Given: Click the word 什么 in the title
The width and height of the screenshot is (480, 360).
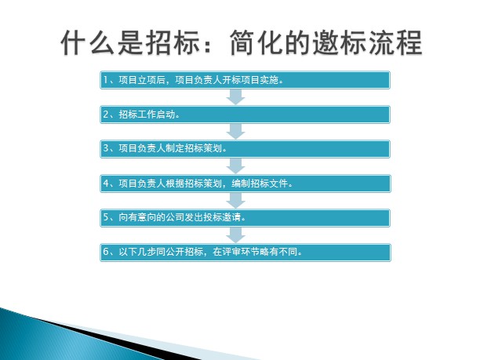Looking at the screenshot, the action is tap(88, 42).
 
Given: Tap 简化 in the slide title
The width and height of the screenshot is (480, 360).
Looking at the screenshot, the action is tap(256, 42).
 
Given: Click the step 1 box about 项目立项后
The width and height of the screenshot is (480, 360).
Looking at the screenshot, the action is tap(245, 80).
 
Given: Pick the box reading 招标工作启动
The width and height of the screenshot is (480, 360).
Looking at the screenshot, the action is tap(245, 115).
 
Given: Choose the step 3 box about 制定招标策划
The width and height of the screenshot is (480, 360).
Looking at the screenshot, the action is tap(245, 149).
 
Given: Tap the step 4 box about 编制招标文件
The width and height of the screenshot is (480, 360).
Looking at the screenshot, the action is tap(245, 184).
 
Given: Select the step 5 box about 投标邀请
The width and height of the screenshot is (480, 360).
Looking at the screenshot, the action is tap(245, 218).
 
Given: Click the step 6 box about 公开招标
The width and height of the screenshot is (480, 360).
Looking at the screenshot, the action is tap(245, 253).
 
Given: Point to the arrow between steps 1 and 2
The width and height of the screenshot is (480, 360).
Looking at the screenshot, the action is tap(235, 96).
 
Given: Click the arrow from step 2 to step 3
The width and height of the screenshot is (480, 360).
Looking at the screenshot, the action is tap(235, 131).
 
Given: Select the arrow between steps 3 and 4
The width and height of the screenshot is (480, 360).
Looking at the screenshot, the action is tap(235, 166).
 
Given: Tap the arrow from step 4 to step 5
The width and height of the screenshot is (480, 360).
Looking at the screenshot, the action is tap(235, 201).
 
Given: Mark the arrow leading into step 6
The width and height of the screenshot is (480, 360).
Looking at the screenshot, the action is tap(235, 235).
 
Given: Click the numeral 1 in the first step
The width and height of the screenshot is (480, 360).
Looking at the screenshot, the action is tap(105, 80).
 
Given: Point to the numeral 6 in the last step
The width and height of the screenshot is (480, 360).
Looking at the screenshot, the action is tap(106, 252).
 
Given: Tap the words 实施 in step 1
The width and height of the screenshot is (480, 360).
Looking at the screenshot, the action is tap(269, 80).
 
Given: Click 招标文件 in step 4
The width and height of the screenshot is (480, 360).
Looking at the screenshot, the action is tap(269, 183).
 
